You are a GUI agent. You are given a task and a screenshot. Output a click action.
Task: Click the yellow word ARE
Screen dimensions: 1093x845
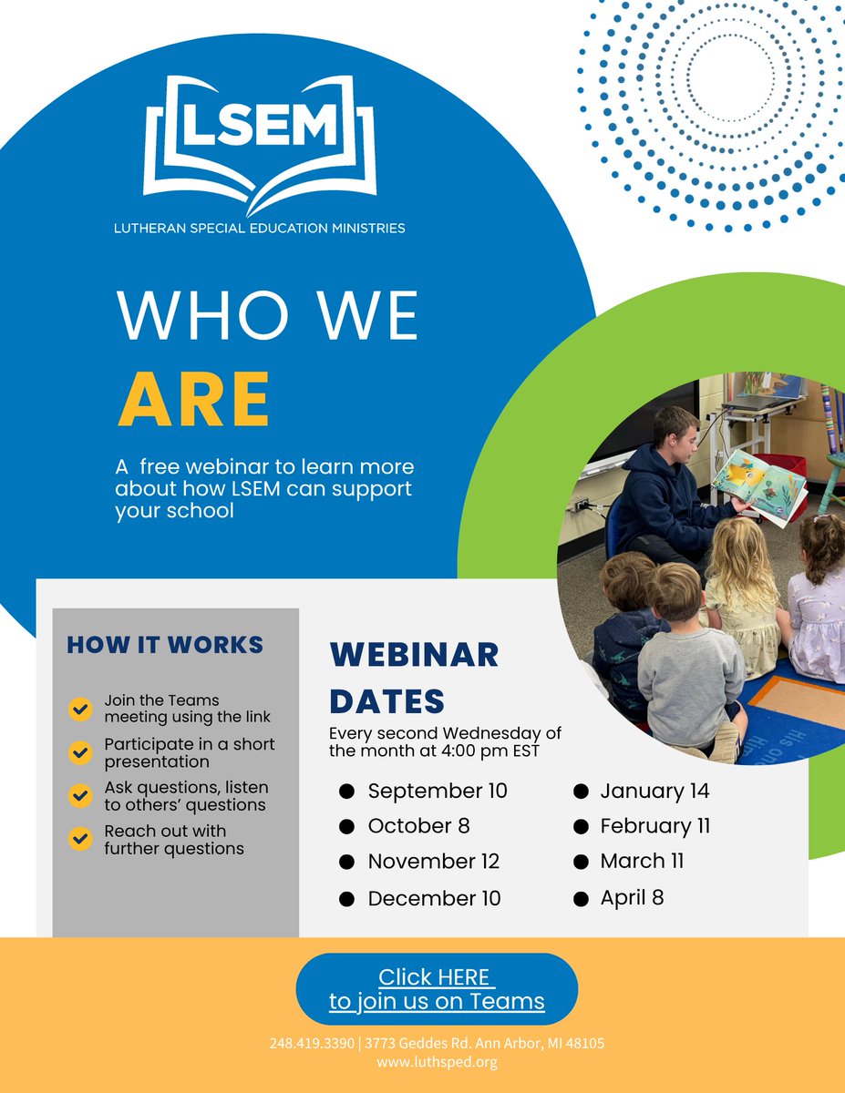[193, 400]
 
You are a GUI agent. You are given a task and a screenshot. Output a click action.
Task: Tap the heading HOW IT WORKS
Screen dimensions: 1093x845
[165, 645]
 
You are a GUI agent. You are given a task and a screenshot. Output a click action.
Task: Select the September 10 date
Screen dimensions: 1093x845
[437, 791]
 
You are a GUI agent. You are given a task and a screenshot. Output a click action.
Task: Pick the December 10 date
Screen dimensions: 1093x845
[434, 898]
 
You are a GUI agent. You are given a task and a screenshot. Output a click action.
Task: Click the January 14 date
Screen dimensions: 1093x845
[654, 791]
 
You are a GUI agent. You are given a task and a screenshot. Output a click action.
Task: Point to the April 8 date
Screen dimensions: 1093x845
[632, 897]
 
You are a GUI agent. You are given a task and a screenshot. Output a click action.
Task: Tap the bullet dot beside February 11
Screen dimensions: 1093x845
[580, 827]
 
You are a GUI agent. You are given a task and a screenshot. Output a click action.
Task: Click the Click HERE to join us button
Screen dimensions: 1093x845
[437, 989]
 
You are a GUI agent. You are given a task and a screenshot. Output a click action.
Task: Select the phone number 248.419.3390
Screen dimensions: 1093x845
[311, 1043]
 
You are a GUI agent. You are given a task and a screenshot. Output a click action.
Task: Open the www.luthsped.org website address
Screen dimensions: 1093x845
[437, 1061]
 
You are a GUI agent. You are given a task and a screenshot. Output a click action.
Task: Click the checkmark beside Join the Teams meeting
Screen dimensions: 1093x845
[80, 709]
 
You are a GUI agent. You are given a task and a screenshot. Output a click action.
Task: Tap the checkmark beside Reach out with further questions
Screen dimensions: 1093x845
[80, 839]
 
